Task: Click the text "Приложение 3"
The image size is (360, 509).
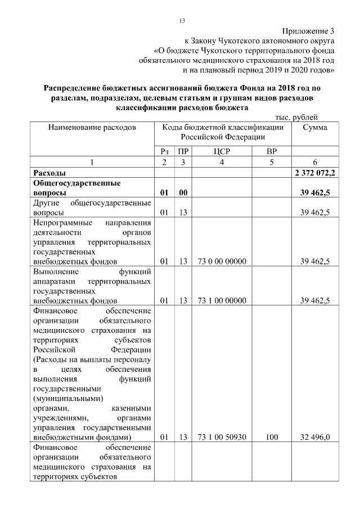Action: [x=308, y=31]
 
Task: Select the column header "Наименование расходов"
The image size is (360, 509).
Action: [x=92, y=128]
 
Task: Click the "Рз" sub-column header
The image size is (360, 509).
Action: [x=164, y=151]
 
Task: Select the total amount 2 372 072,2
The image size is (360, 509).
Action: [x=315, y=173]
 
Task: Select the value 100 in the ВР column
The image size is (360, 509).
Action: [x=272, y=436]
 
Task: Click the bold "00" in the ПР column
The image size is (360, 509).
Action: [x=183, y=193]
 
